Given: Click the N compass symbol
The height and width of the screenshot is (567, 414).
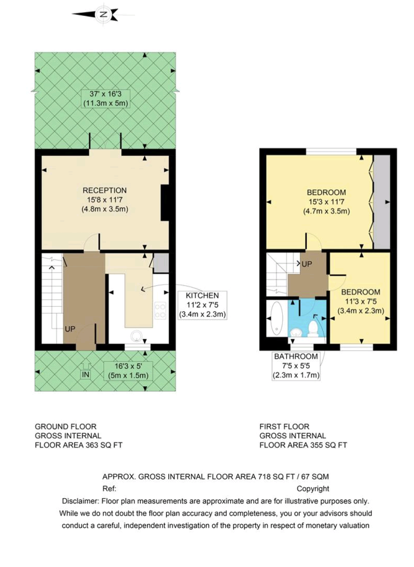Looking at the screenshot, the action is (x=103, y=14).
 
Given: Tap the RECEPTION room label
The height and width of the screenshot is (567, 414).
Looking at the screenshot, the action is (x=105, y=190).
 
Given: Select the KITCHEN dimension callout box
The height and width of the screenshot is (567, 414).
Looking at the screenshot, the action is (x=202, y=305).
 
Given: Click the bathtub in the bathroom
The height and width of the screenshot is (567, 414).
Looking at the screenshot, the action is (x=277, y=319).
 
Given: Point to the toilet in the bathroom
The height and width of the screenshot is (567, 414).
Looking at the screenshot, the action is (x=313, y=328).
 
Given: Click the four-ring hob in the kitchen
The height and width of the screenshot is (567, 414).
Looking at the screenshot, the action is (x=160, y=310).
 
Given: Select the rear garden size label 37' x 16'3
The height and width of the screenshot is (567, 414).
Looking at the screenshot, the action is (x=105, y=99).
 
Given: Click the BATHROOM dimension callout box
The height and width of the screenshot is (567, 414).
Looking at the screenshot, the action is (x=296, y=366).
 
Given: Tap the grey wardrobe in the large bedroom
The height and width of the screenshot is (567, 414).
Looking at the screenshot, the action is (x=382, y=202).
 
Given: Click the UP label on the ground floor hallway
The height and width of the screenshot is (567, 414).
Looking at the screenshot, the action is (x=70, y=329).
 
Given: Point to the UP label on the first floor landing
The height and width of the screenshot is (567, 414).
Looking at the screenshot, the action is (x=307, y=264).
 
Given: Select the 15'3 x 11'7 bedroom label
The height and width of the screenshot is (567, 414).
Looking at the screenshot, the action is (x=326, y=202).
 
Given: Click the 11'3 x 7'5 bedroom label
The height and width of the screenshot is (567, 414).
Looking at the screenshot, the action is (x=360, y=301).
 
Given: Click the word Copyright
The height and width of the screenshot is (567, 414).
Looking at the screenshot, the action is (x=312, y=489).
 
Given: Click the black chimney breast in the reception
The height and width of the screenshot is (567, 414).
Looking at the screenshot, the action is (x=165, y=203).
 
